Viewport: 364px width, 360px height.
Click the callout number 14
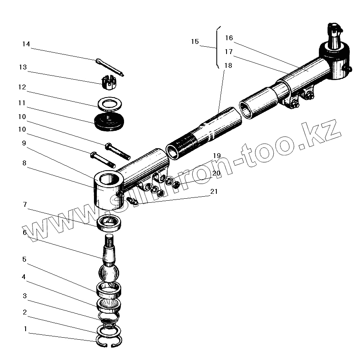[x=26, y=44]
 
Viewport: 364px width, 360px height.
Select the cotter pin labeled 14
[x=111, y=67]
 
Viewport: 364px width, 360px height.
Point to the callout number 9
[x=24, y=143]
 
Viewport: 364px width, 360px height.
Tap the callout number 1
[x=25, y=328]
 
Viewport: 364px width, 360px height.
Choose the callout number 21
[x=214, y=191]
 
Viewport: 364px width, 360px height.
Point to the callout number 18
[x=228, y=65]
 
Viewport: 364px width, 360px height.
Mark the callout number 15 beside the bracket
[x=195, y=41]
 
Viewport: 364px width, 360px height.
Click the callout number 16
[x=229, y=38]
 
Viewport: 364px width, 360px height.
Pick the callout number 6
[x=25, y=232]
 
